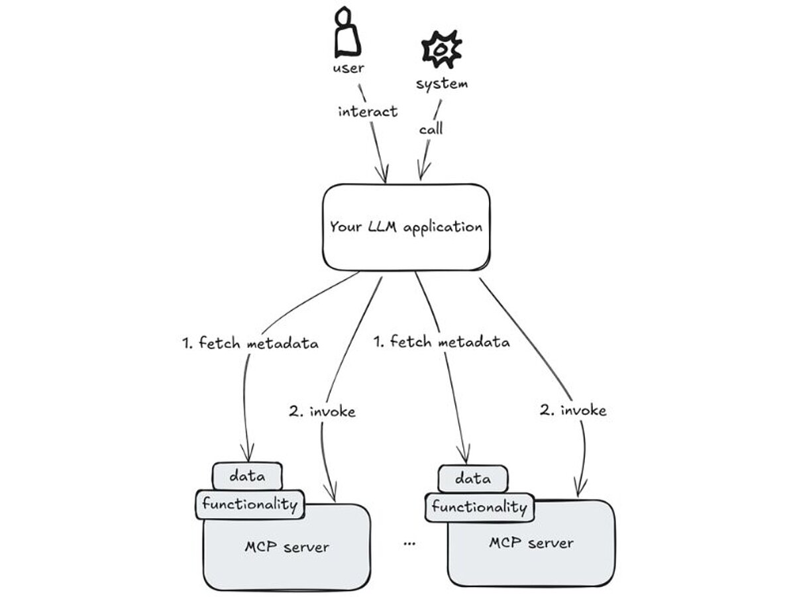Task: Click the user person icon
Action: pos(348,32)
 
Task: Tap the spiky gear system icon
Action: pos(441,48)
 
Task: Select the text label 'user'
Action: pos(348,68)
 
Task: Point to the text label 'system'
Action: pos(441,83)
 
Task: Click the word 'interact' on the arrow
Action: pos(368,111)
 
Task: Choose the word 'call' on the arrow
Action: pos(431,129)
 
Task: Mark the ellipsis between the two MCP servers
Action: pos(409,543)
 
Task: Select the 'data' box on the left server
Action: pos(247,475)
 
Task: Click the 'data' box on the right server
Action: pos(473,478)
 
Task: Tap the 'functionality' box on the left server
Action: pos(250,504)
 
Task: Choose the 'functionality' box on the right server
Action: pos(479,508)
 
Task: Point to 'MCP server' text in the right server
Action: pos(531,543)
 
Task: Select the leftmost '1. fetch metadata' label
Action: pos(250,343)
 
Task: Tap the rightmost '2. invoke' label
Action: pos(572,410)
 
